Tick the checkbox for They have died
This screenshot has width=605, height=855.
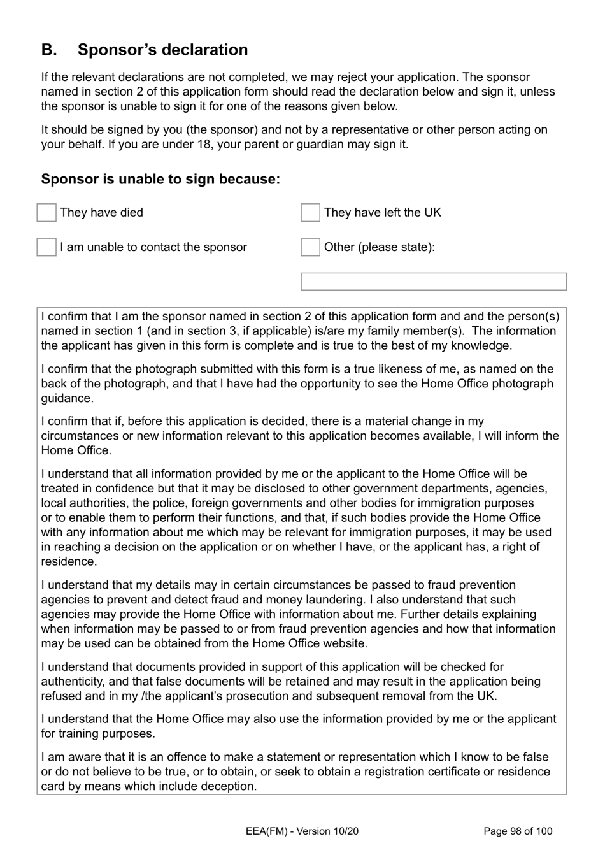[x=46, y=213]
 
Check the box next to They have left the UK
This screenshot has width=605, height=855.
[x=310, y=213]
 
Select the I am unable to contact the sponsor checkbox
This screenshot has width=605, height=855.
[x=46, y=247]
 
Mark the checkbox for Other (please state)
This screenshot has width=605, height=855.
[x=310, y=247]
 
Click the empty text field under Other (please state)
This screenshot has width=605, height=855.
[x=433, y=282]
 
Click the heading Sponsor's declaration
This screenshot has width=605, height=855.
[x=162, y=50]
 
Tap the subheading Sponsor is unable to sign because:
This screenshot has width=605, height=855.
[x=160, y=179]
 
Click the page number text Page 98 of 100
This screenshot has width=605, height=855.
[x=518, y=831]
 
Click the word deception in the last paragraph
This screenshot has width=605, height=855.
[x=229, y=786]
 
